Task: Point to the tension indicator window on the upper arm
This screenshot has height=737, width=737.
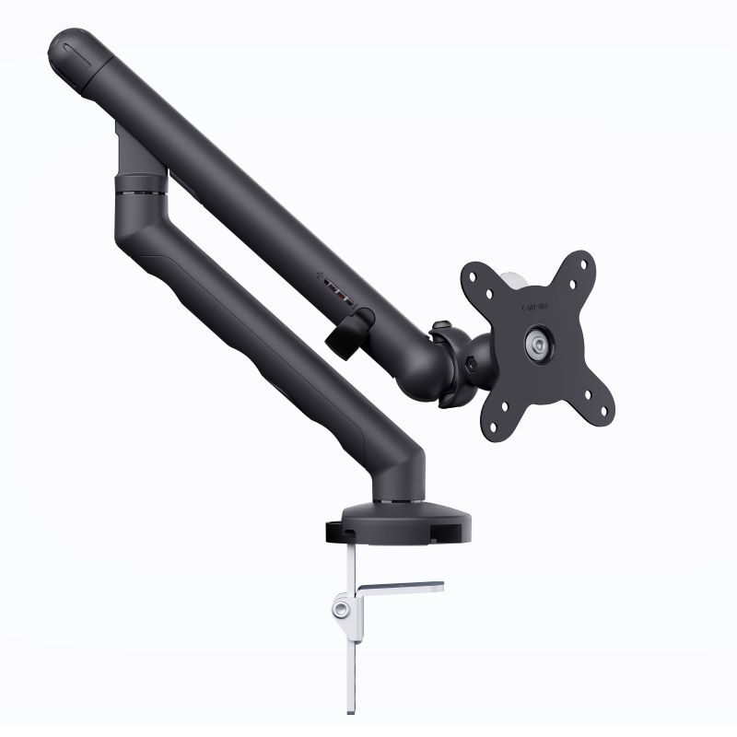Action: (341, 296)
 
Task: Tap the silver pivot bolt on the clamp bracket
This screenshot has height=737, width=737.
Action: (343, 608)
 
